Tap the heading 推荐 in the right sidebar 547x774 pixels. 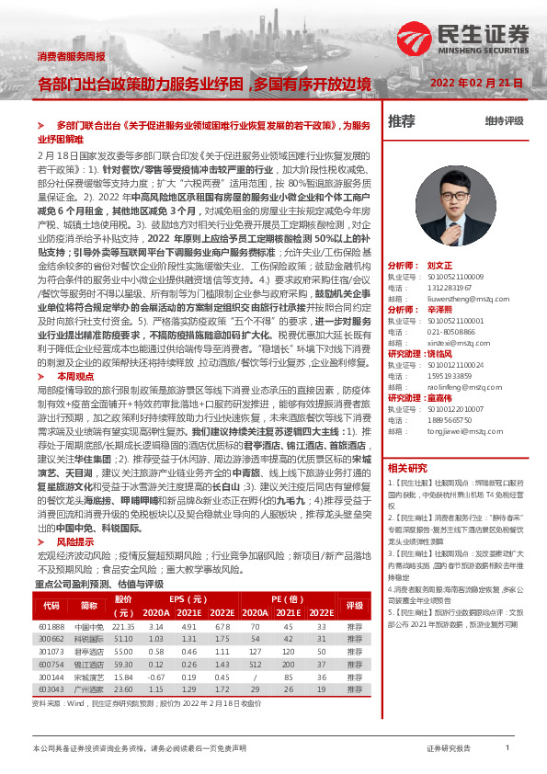[402, 120]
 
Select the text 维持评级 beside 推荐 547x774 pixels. [504, 120]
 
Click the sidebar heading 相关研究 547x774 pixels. [408, 468]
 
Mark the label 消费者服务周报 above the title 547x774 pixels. [71, 56]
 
